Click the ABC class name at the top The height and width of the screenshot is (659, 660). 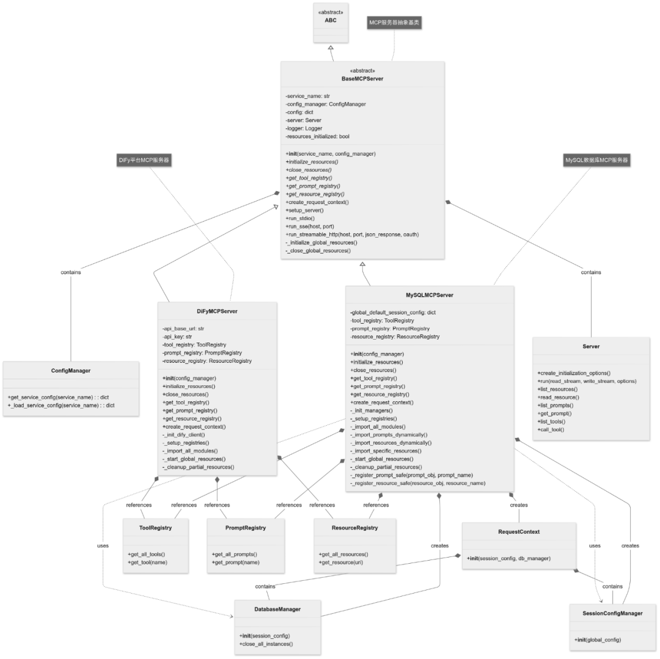point(331,20)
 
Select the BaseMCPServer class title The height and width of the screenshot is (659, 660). point(362,79)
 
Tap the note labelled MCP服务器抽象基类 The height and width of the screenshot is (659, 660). point(394,22)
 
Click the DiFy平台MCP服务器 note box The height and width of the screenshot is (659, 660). point(144,160)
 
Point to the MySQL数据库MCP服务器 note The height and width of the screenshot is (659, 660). point(596,160)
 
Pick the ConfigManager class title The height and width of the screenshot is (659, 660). point(71,371)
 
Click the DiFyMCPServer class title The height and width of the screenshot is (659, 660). point(217,311)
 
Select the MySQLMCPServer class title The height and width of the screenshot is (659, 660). point(430,295)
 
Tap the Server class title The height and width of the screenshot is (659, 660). point(591,346)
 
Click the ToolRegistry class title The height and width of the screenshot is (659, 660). point(155,528)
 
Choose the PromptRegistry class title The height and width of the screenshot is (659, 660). point(246,528)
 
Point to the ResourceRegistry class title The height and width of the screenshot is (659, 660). point(355,528)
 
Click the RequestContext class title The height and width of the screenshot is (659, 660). point(519,532)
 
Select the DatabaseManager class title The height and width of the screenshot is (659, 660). point(277,610)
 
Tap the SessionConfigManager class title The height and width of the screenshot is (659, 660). point(612,614)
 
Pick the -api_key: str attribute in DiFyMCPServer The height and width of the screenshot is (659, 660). point(177,337)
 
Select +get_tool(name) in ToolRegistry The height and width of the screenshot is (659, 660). point(147,563)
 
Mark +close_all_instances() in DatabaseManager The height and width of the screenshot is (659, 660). point(266,644)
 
